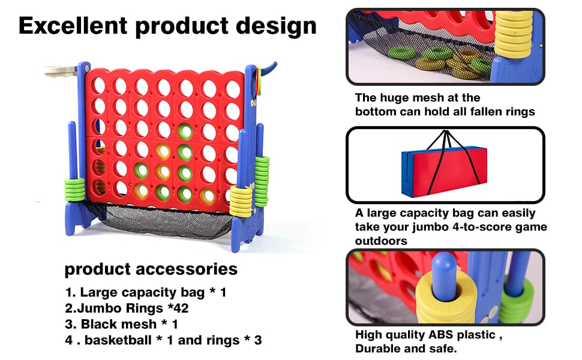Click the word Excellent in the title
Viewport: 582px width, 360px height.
click(x=73, y=26)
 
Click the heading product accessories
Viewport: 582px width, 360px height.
click(x=151, y=269)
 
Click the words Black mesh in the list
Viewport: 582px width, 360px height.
click(x=119, y=324)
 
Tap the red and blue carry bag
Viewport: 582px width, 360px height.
click(x=444, y=169)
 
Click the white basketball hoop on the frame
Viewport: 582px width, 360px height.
click(x=61, y=71)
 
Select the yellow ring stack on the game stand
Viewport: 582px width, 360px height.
click(x=241, y=201)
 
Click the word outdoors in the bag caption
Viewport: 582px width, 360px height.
click(x=381, y=241)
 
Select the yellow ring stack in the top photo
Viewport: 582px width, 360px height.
click(x=514, y=34)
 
